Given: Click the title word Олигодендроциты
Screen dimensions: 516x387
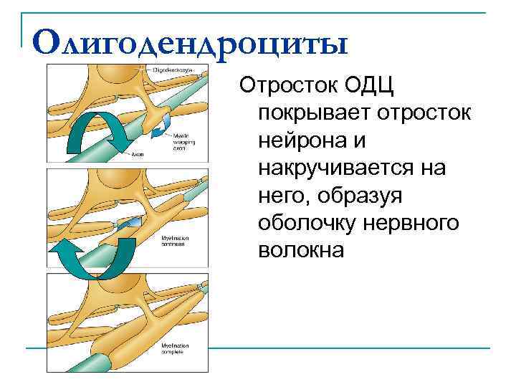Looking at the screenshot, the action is (x=190, y=42).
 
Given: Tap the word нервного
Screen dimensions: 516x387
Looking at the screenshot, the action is (x=416, y=223).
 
